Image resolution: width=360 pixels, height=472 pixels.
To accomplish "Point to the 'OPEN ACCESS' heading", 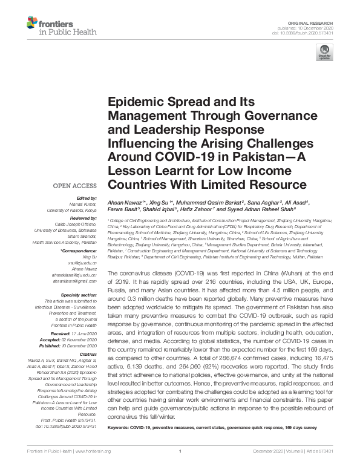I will [76, 185].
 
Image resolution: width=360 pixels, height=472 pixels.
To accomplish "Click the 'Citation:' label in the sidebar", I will [89, 355].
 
